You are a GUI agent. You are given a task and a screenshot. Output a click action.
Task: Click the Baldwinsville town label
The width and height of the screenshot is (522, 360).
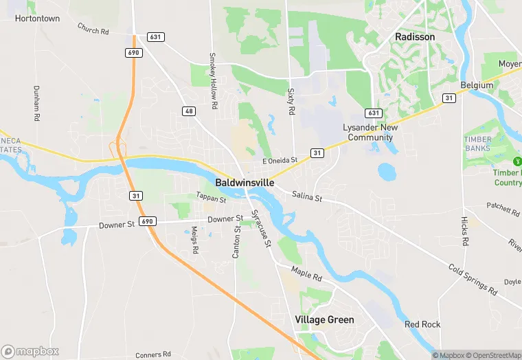click(x=245, y=183)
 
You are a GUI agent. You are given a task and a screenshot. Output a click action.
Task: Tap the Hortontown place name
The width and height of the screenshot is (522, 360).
click(x=36, y=19)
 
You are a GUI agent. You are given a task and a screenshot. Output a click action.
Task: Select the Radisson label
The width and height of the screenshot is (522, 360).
click(x=415, y=36)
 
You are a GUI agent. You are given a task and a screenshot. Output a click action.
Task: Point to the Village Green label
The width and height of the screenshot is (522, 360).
click(x=324, y=319)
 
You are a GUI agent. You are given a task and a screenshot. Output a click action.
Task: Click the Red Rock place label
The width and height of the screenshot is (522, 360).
click(x=422, y=324)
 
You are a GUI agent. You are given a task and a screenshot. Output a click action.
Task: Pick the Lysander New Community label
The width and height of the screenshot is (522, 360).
click(x=370, y=133)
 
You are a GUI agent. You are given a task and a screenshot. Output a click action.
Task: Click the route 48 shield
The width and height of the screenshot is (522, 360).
click(x=189, y=111)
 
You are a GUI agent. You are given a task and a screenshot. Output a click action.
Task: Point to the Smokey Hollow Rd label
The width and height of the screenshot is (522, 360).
click(x=213, y=80)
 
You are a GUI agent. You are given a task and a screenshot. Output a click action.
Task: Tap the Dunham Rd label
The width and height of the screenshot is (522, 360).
click(x=36, y=100)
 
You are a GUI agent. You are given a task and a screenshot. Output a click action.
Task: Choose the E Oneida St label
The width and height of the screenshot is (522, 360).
click(x=280, y=161)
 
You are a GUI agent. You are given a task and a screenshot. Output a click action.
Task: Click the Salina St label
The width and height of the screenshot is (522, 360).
click(x=307, y=197)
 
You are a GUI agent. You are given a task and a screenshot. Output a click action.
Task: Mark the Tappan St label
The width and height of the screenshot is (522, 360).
click(x=211, y=198)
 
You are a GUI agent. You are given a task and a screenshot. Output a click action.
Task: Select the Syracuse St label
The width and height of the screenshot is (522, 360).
click(x=261, y=229)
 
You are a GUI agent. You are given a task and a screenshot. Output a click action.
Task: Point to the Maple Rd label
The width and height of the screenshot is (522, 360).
click(x=306, y=273)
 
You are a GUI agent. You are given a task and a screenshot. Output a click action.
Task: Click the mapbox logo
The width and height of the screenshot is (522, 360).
click(x=30, y=351)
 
